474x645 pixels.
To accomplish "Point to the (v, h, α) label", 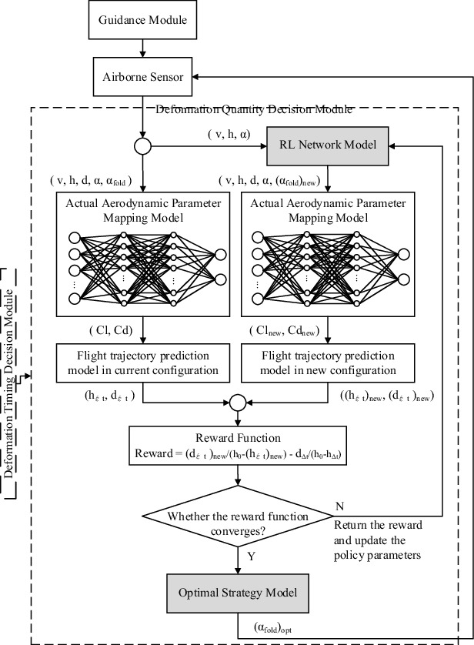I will (x=229, y=134).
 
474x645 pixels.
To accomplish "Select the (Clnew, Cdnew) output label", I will (x=282, y=330).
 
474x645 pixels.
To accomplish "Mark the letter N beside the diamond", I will (x=339, y=506).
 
